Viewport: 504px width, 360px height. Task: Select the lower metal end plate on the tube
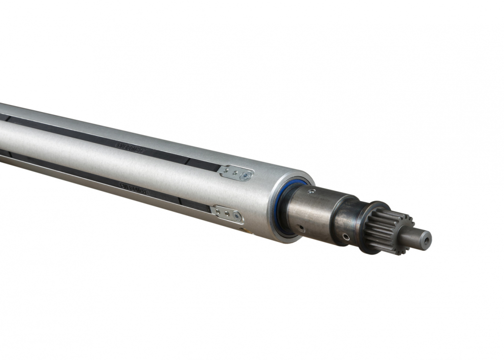228,214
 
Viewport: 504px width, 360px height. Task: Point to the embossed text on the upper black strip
129,146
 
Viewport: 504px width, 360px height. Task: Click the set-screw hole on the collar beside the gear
346,237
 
